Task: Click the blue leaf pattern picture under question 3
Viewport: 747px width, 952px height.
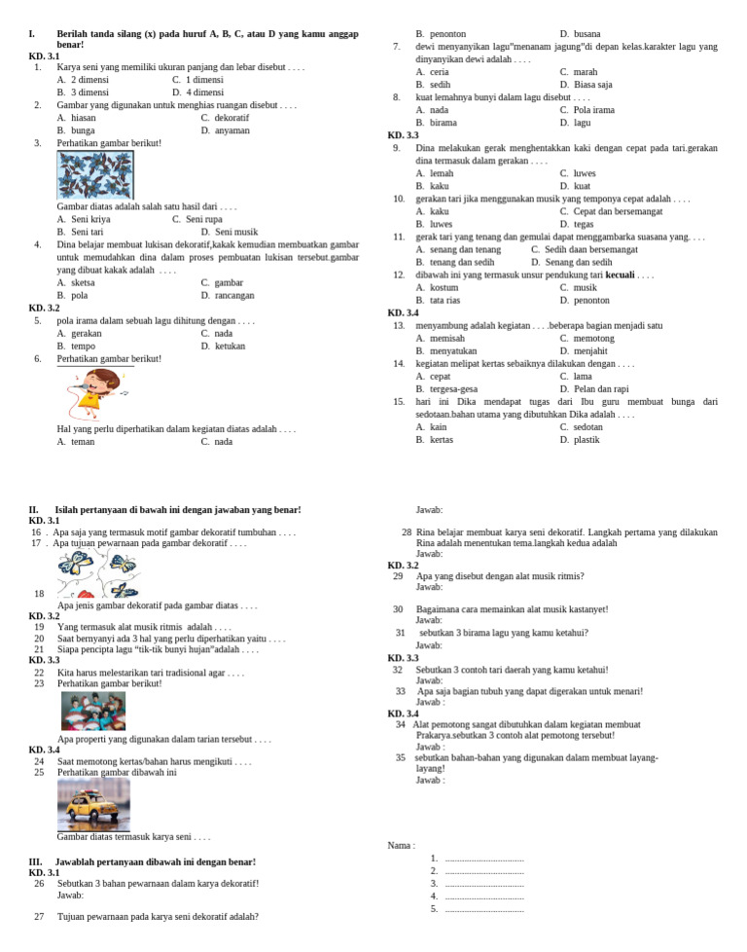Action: point(95,175)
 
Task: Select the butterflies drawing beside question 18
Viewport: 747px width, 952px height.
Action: point(97,573)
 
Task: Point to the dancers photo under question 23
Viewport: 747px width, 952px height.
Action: point(93,711)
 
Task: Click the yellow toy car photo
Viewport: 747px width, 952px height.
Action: point(93,804)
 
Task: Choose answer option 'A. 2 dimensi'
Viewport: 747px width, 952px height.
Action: point(83,80)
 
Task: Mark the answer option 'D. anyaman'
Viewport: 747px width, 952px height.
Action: point(225,130)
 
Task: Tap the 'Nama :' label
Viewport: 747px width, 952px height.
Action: point(401,845)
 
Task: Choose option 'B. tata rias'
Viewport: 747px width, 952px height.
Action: point(438,300)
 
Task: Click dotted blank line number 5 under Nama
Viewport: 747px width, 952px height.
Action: point(483,909)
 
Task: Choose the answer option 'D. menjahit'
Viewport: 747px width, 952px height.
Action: point(584,350)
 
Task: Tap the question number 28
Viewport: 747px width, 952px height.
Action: point(406,532)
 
